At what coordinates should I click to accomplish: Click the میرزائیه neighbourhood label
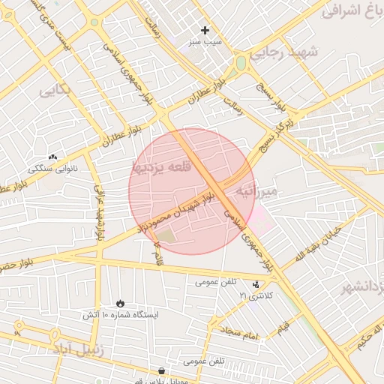tap(256, 191)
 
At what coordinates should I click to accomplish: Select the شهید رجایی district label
tap(284, 52)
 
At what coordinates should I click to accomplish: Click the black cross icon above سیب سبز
tap(205, 31)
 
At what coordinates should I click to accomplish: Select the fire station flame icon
tap(120, 303)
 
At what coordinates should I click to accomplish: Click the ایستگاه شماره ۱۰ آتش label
tap(120, 315)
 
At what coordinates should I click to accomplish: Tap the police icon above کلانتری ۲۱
tap(257, 284)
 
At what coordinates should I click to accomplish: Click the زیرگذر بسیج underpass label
tap(277, 131)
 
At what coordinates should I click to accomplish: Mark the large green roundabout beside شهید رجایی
tap(241, 64)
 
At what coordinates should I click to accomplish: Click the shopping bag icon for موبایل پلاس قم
tap(161, 371)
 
